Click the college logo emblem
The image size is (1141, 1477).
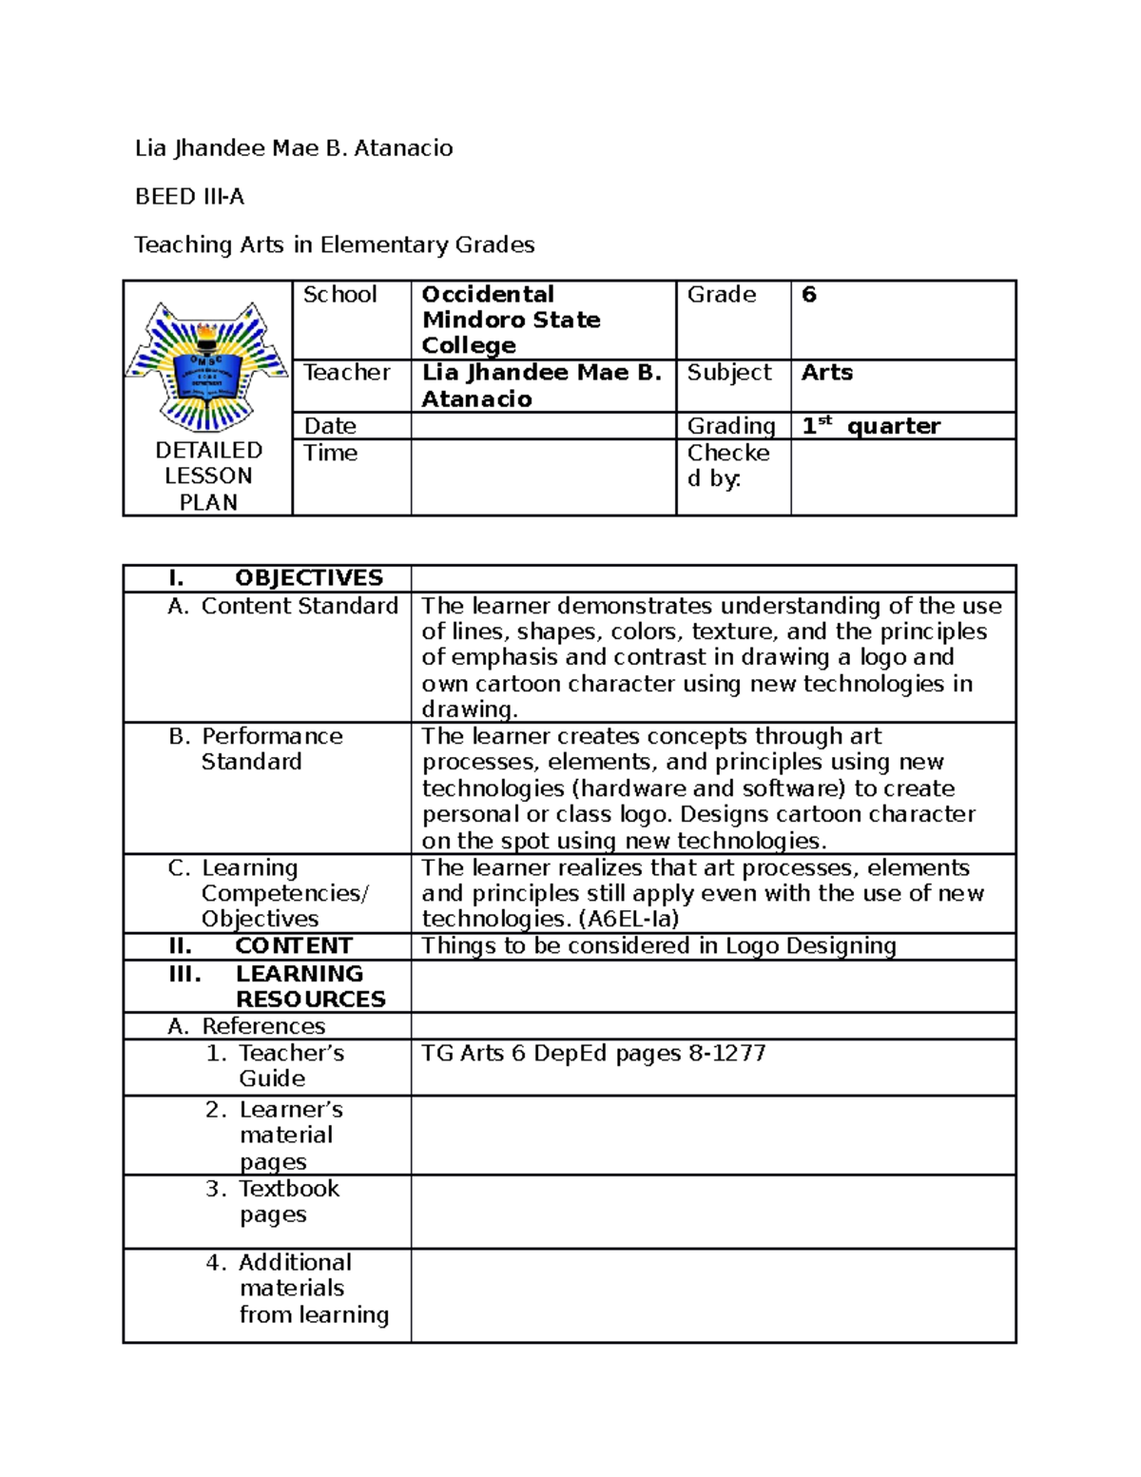(207, 366)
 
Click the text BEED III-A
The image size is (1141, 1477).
(189, 197)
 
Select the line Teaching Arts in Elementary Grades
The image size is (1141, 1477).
(334, 245)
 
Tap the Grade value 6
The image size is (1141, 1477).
(809, 295)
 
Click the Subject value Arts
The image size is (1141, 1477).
(826, 373)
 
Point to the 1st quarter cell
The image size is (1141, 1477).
(870, 426)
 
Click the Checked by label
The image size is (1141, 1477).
(727, 466)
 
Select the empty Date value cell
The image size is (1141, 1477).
(543, 426)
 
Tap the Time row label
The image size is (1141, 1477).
(330, 453)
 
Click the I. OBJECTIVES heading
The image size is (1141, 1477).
(275, 578)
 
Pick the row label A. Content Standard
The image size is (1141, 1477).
(282, 606)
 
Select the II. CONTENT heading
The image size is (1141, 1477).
(261, 946)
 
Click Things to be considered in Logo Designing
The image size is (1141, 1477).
(658, 946)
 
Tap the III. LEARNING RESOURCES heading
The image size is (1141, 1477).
(277, 986)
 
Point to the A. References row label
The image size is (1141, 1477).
(246, 1026)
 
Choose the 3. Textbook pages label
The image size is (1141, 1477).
(273, 1201)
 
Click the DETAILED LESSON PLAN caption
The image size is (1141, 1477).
(208, 476)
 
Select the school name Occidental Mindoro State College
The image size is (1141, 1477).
(511, 320)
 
